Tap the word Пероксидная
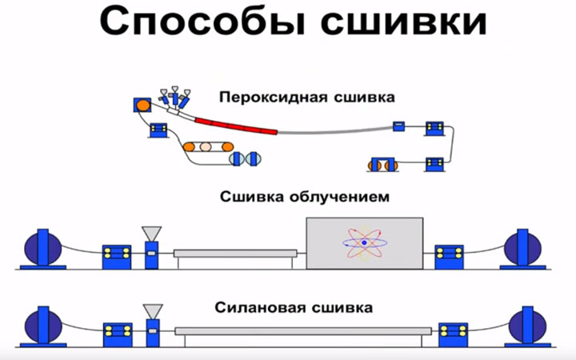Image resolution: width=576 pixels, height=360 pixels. pos(261,98)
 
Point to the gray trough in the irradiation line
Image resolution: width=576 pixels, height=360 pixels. pos(235,253)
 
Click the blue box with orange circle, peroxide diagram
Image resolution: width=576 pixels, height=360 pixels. pos(141,105)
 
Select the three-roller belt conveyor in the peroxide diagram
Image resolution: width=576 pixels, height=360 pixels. pos(206,147)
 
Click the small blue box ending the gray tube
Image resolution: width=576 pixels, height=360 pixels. pos(398,126)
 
